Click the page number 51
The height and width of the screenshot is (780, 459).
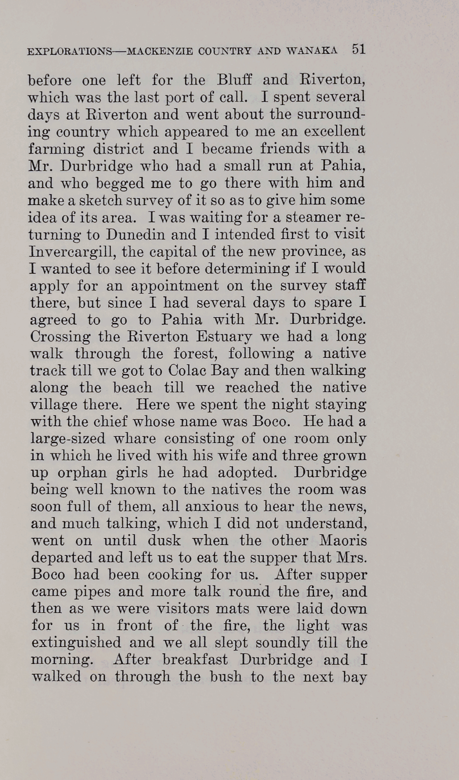(358, 50)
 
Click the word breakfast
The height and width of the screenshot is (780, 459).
(195, 659)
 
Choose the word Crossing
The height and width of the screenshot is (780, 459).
(60, 337)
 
